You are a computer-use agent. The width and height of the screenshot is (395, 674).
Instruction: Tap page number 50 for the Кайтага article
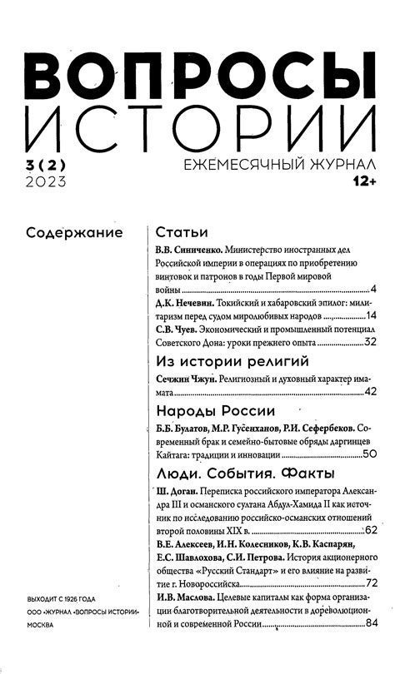(371, 454)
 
